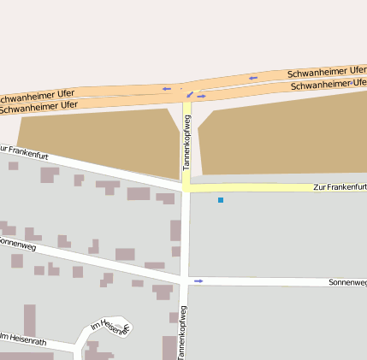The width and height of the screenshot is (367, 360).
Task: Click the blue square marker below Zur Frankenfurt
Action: pyautogui.click(x=220, y=200)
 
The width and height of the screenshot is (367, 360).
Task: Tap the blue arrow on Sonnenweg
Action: pyautogui.click(x=198, y=280)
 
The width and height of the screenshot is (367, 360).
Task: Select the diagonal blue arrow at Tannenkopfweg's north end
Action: pyautogui.click(x=190, y=94)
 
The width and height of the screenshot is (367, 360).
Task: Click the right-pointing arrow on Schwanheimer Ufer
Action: pyautogui.click(x=201, y=97)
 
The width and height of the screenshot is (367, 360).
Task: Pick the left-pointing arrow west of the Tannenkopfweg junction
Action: pyautogui.click(x=166, y=88)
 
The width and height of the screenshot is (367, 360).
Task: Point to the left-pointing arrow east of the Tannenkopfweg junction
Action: pyautogui.click(x=252, y=79)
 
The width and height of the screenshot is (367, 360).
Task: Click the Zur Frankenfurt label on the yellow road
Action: pyautogui.click(x=340, y=186)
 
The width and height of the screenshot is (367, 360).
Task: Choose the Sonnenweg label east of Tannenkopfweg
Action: pyautogui.click(x=347, y=281)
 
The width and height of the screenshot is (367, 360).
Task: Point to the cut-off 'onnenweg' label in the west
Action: pyautogui.click(x=16, y=243)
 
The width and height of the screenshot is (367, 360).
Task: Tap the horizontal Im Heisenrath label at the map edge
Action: pyautogui.click(x=23, y=339)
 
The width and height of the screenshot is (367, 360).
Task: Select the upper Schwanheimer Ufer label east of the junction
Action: pyautogui.click(x=327, y=72)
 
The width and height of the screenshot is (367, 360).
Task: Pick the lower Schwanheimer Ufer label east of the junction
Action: pyautogui.click(x=329, y=85)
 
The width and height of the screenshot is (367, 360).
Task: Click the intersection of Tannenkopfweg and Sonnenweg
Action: pyautogui.click(x=184, y=280)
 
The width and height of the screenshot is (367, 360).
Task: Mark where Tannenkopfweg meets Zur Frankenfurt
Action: pyautogui.click(x=186, y=188)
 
